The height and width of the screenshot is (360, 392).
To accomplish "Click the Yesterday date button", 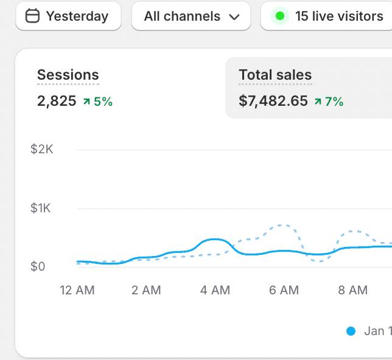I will [68, 16].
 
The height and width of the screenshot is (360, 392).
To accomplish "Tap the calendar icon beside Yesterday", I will [32, 16].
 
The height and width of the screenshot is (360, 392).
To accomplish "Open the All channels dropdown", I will [191, 16].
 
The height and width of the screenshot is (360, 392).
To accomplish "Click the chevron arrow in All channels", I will [234, 17].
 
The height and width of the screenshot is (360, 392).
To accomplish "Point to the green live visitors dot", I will [280, 16].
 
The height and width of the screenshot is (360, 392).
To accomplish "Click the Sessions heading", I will [68, 75].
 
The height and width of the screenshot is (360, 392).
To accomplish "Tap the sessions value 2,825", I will [57, 101].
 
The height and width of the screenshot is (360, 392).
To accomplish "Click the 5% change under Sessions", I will [98, 102].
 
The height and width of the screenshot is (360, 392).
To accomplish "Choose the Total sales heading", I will [275, 75].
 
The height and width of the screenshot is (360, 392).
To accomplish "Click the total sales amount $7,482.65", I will [273, 101].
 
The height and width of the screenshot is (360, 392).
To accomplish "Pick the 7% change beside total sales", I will [329, 102].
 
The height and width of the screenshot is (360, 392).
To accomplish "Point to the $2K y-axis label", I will [42, 149].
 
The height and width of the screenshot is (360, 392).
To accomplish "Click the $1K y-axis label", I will [41, 208].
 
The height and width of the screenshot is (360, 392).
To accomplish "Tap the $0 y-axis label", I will [38, 266].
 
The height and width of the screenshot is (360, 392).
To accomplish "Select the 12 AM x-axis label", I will [77, 290].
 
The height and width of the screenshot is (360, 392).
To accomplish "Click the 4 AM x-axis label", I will [215, 290].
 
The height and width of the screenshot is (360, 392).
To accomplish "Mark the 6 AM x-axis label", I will [284, 290].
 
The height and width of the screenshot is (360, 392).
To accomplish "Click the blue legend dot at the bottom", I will [351, 331].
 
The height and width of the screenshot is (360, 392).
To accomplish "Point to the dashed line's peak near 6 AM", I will [281, 226].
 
